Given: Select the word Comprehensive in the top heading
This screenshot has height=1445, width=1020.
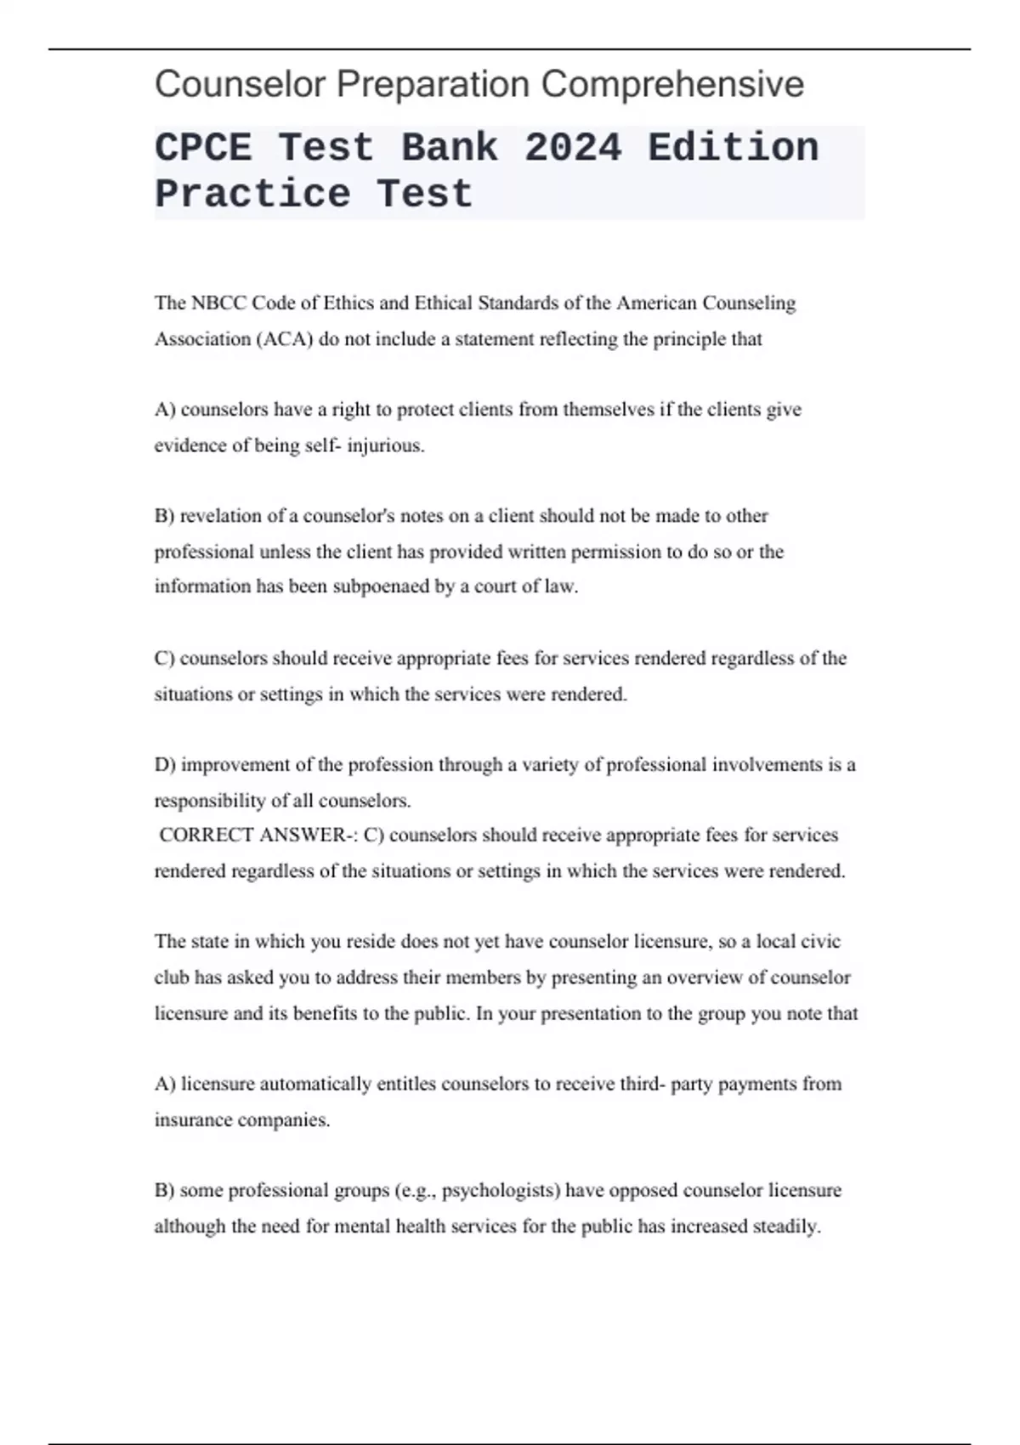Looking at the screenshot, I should (672, 85).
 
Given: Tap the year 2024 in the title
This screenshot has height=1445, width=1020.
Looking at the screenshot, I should (573, 148).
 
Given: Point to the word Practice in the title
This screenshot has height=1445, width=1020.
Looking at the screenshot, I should (252, 194).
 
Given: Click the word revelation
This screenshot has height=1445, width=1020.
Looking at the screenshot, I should (221, 516).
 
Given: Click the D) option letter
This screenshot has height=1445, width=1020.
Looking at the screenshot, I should (165, 765).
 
